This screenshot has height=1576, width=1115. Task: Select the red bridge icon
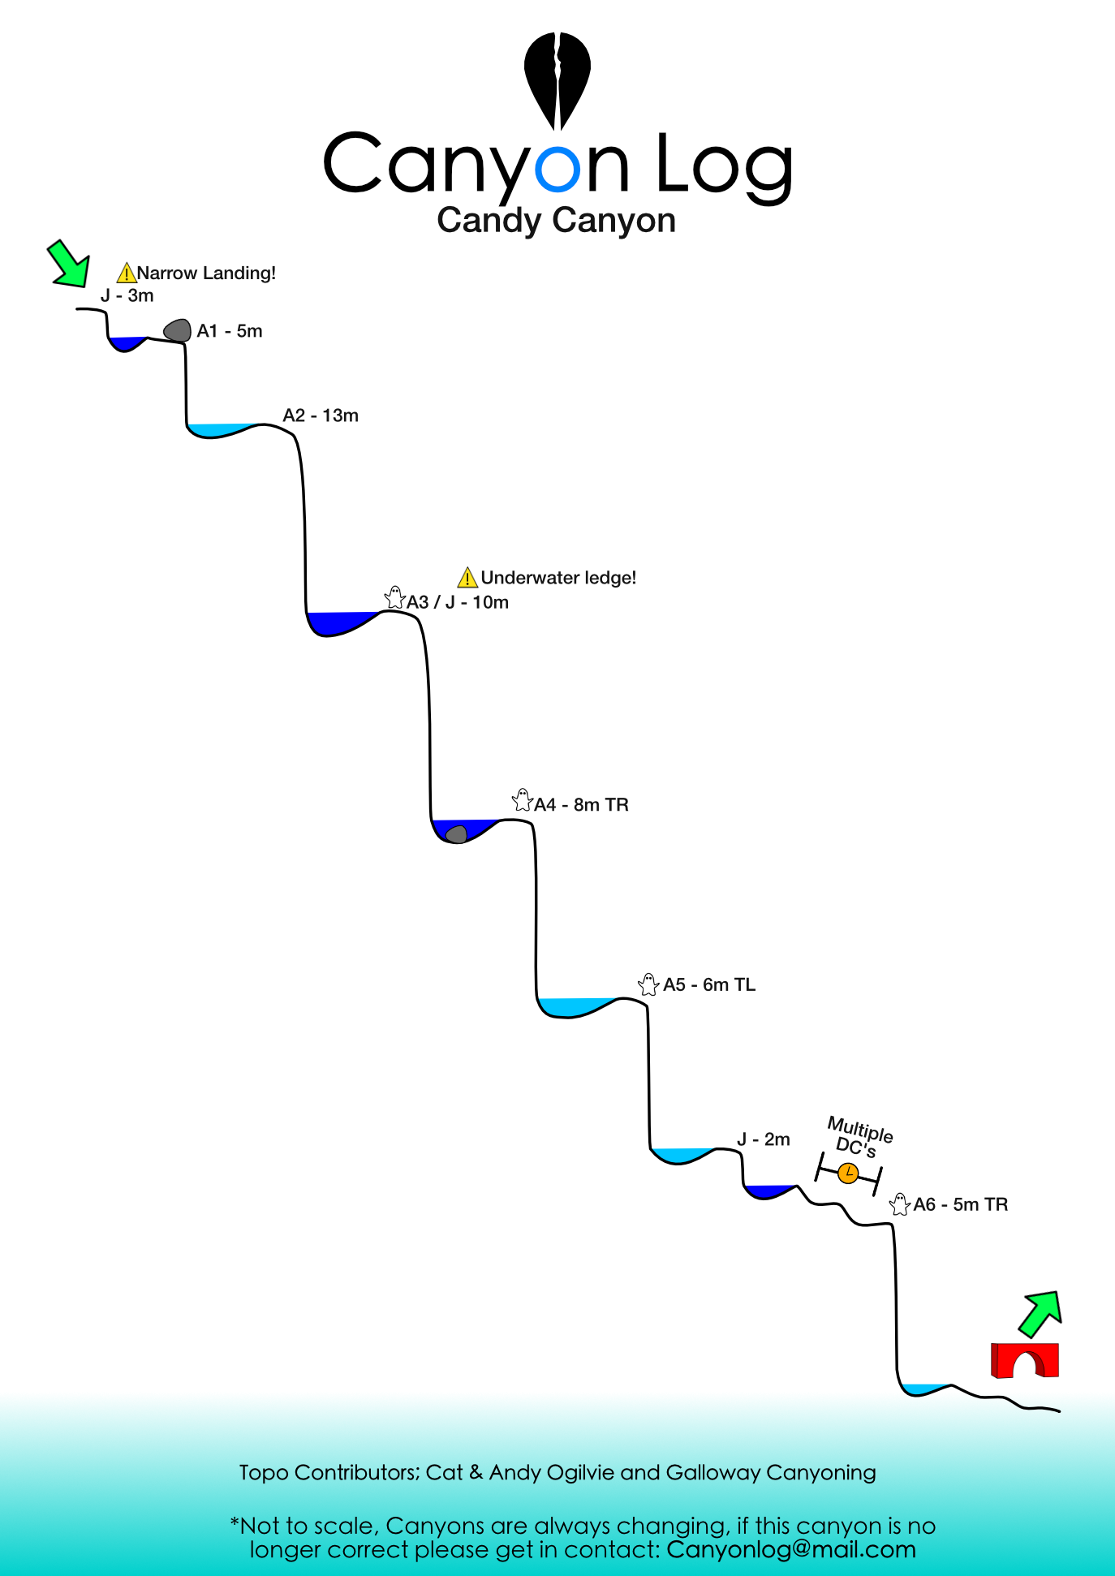point(1025,1360)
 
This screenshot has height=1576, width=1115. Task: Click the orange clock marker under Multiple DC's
point(848,1173)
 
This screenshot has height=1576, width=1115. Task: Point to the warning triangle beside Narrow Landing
point(127,273)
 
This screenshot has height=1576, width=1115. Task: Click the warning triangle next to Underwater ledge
point(467,578)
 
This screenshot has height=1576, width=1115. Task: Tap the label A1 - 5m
point(230,331)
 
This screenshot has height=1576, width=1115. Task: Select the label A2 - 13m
point(321,416)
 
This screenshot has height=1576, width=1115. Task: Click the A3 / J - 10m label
point(458,602)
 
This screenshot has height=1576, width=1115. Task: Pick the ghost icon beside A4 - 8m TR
point(523,800)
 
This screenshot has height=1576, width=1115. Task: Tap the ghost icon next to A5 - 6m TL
point(648,984)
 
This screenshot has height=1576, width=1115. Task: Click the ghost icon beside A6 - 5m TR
point(899,1204)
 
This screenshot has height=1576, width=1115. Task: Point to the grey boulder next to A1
point(178,330)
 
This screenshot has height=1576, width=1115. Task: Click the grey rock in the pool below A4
point(458,834)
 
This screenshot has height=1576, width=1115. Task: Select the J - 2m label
point(764,1139)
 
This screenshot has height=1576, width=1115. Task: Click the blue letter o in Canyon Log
point(558,168)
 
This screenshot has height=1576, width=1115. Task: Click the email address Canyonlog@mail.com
point(791,1549)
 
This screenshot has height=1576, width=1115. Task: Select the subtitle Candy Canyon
point(557,221)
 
